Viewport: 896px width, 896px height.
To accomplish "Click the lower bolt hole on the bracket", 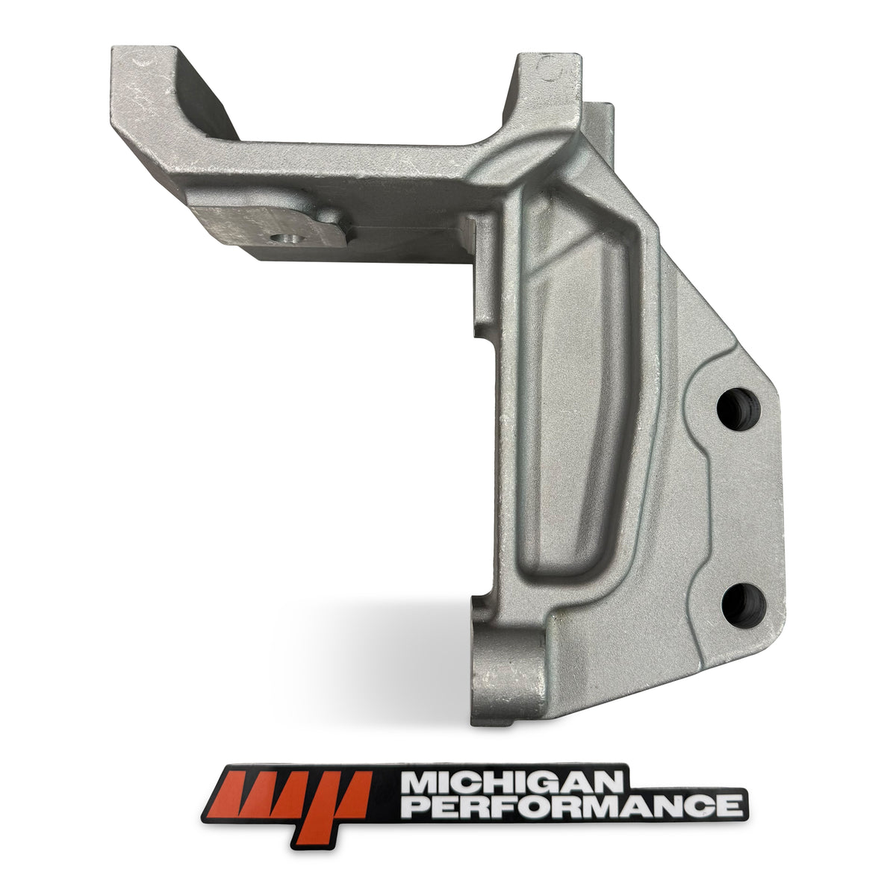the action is click(x=744, y=605).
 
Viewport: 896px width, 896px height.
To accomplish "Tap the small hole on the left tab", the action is click(x=287, y=239).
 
